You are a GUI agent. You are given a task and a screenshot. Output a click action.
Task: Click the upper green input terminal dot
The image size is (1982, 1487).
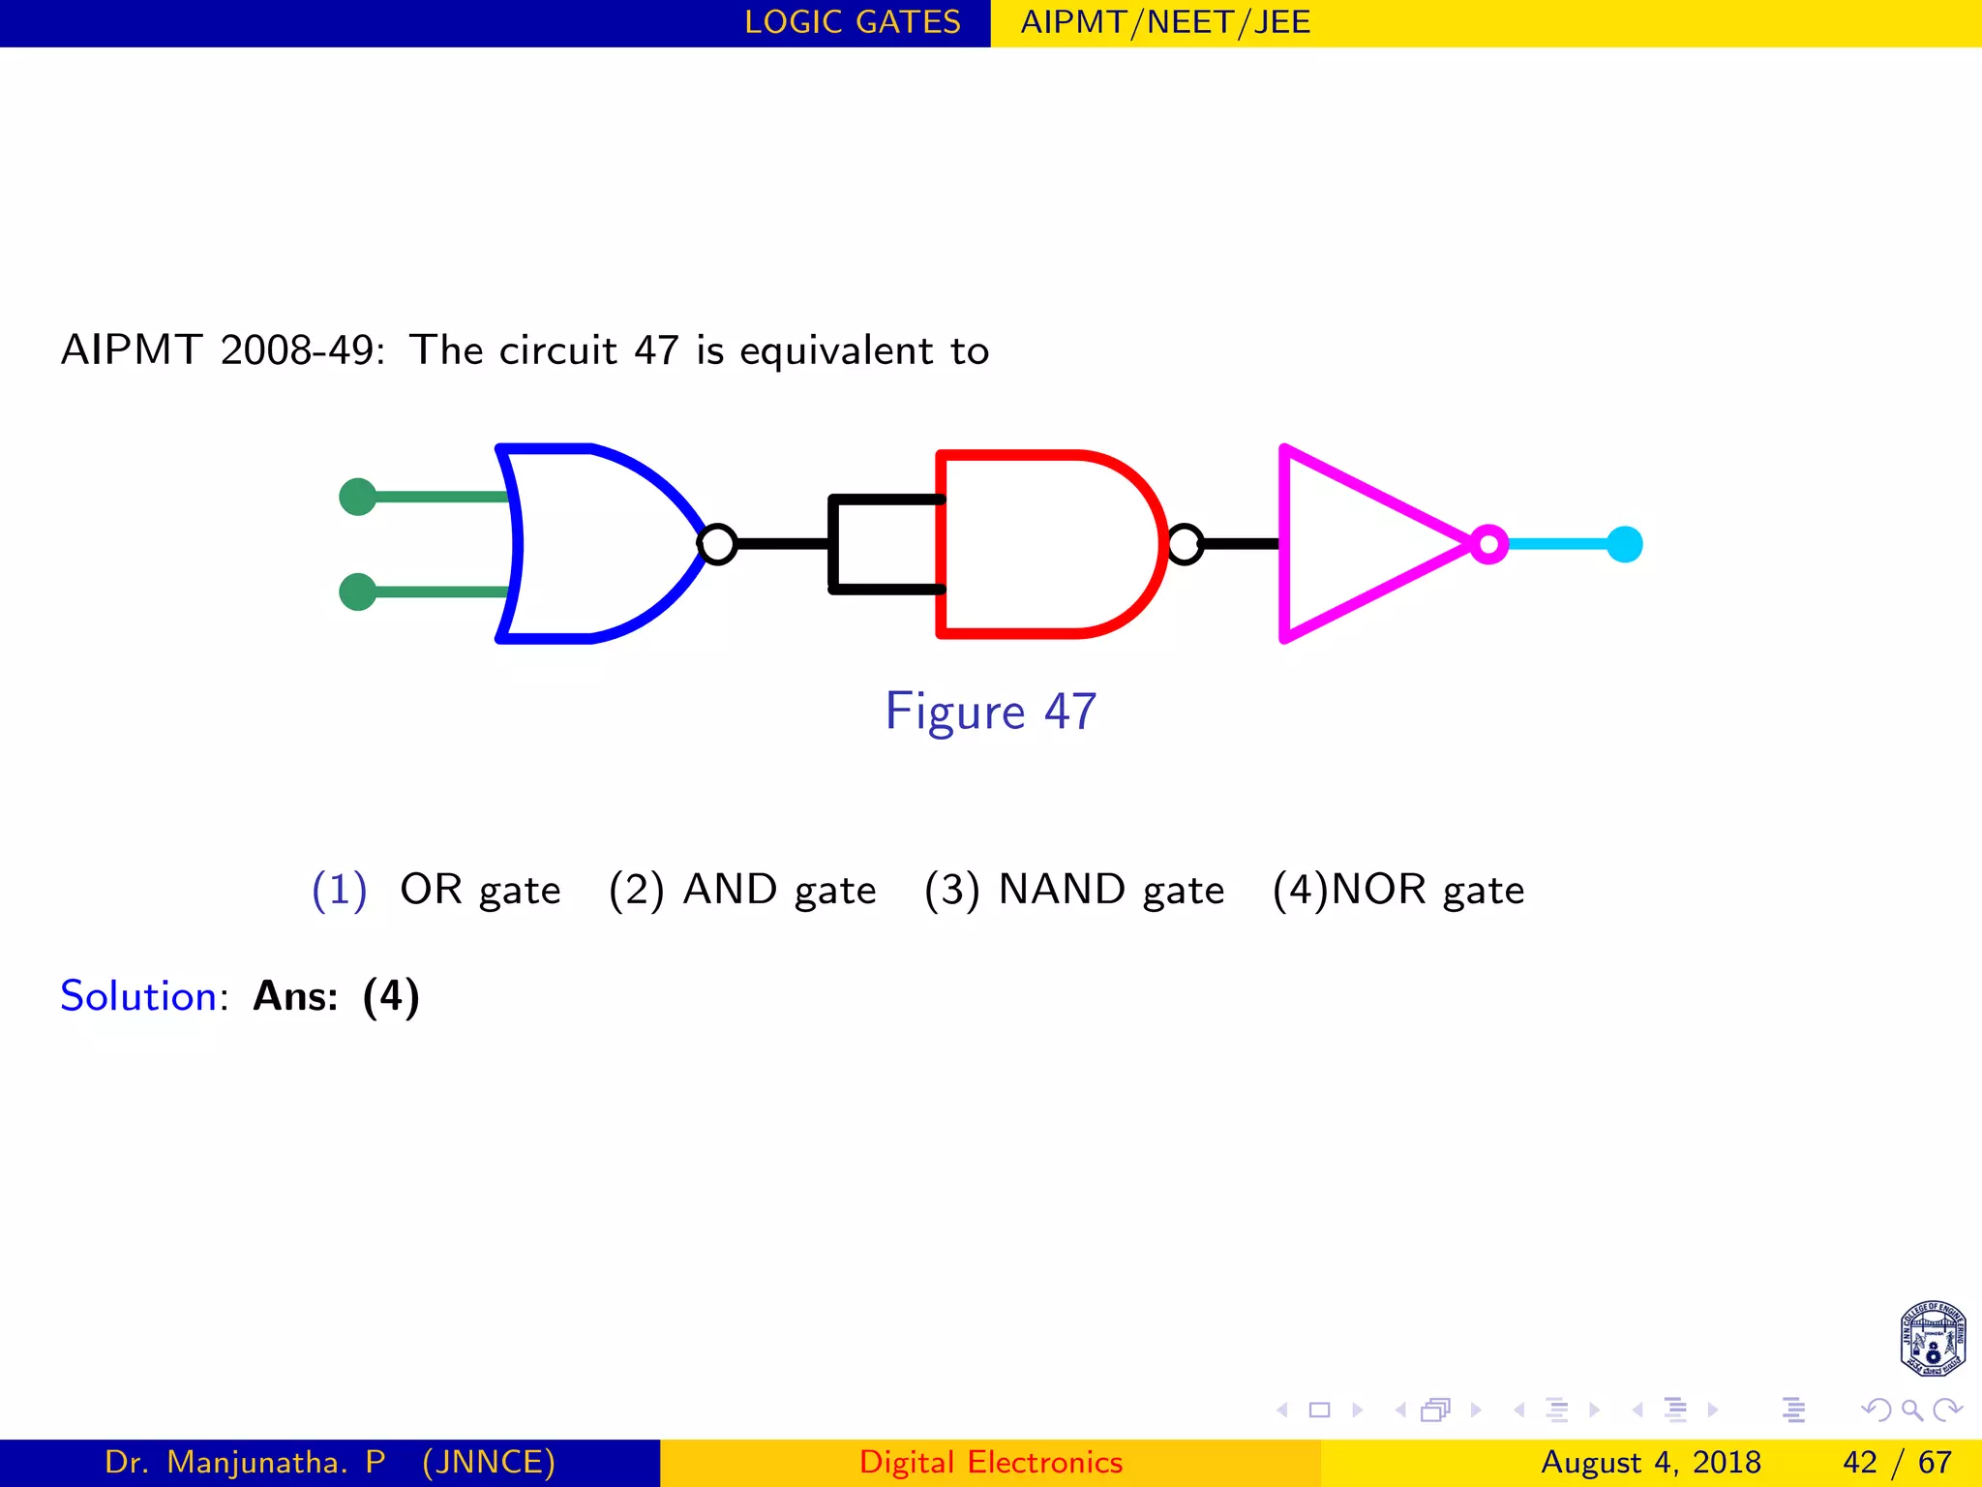(x=358, y=497)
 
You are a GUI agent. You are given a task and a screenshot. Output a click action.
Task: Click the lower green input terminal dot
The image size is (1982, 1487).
(x=358, y=592)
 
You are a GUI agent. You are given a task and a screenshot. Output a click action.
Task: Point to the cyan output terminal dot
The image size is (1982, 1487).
(x=1624, y=544)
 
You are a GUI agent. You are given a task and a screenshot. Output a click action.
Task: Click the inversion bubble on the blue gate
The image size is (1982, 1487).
(x=717, y=544)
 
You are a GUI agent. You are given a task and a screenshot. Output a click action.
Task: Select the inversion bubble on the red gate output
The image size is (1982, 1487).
(x=1185, y=544)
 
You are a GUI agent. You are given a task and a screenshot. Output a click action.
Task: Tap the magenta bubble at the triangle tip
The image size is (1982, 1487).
(x=1489, y=544)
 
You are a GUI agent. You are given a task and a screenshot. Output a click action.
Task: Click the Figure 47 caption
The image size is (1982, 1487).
(x=990, y=712)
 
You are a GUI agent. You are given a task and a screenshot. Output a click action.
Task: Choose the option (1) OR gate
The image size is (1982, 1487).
(x=436, y=890)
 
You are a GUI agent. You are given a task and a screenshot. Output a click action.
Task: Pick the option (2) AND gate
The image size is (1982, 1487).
(x=742, y=890)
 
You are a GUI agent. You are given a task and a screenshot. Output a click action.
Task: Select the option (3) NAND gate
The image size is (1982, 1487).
(x=1074, y=890)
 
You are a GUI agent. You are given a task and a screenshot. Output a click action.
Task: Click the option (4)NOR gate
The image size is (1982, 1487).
(x=1398, y=890)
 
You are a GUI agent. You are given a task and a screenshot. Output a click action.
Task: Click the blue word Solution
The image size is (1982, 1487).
(x=138, y=996)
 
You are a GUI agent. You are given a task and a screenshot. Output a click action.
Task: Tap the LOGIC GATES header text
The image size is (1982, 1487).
(x=852, y=22)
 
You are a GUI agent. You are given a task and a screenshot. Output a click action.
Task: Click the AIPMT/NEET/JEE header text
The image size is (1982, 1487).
(x=1165, y=22)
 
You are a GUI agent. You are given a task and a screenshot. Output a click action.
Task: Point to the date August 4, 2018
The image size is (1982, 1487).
(x=1650, y=1462)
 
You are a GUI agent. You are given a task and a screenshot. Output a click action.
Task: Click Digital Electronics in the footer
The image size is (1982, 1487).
(x=990, y=1462)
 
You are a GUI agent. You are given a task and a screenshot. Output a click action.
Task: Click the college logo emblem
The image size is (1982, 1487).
(x=1932, y=1339)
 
